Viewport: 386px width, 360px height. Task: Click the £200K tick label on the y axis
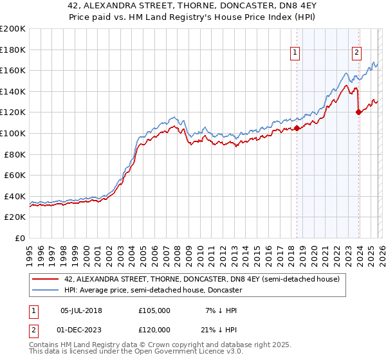pyautogui.click(x=13, y=29)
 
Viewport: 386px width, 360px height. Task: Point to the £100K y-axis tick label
pyautogui.click(x=13, y=133)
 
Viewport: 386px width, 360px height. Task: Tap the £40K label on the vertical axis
pyautogui.click(x=15, y=196)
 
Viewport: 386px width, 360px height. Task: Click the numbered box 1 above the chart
pyautogui.click(x=295, y=53)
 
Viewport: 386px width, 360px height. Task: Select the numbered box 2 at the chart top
pyautogui.click(x=356, y=53)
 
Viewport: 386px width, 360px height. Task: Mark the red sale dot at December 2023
pyautogui.click(x=358, y=113)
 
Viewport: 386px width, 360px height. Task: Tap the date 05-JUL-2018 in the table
pyautogui.click(x=81, y=310)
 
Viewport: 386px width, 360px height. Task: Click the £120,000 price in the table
pyautogui.click(x=154, y=330)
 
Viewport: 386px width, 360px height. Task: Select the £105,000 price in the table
pyautogui.click(x=154, y=310)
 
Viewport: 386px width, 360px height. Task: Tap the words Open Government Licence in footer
pyautogui.click(x=164, y=352)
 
